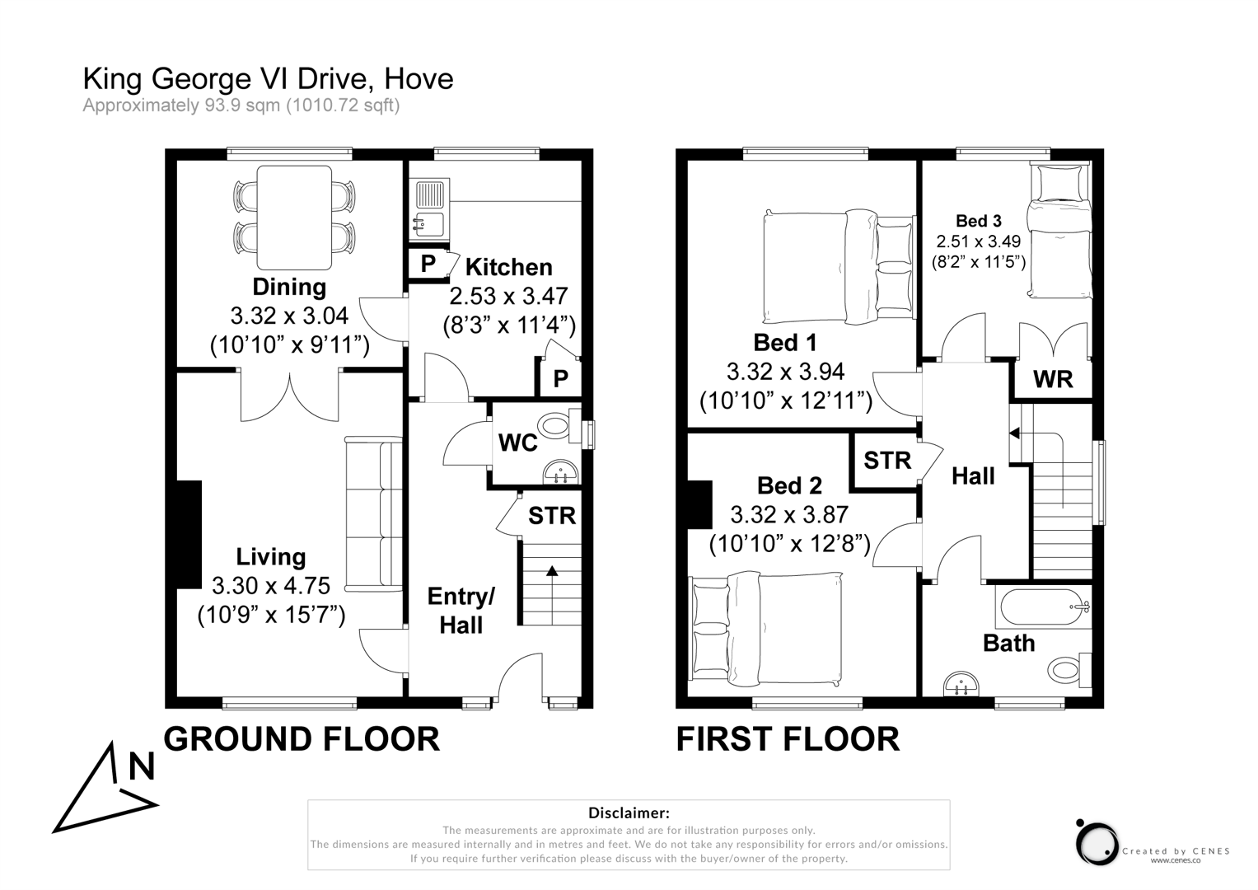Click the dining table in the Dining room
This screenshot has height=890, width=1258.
(x=295, y=218)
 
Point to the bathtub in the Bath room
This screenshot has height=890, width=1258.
(x=1041, y=608)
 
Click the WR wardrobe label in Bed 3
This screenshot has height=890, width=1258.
(x=1052, y=379)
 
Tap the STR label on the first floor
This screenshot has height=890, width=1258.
(x=887, y=460)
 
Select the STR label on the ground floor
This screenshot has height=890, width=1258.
(x=551, y=516)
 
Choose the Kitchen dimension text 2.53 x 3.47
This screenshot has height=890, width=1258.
(x=508, y=296)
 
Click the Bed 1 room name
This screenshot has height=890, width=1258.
(x=785, y=342)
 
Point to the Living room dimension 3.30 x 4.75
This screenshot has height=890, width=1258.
(x=270, y=586)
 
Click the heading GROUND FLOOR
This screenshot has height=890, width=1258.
(x=302, y=739)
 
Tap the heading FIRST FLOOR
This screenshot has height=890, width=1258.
(x=788, y=739)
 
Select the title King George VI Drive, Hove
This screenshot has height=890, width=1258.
(x=268, y=79)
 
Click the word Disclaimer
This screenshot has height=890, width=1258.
(x=629, y=813)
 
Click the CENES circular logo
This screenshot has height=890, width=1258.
(x=1097, y=844)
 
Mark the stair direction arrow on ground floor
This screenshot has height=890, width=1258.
(x=551, y=570)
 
